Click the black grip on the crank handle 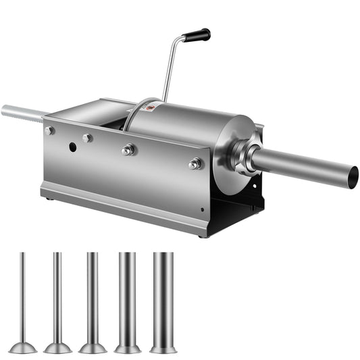click(197, 35)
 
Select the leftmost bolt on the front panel click(49, 130)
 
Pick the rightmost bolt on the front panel click(195, 163)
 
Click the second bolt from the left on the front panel click(87, 138)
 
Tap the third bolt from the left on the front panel click(128, 150)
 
